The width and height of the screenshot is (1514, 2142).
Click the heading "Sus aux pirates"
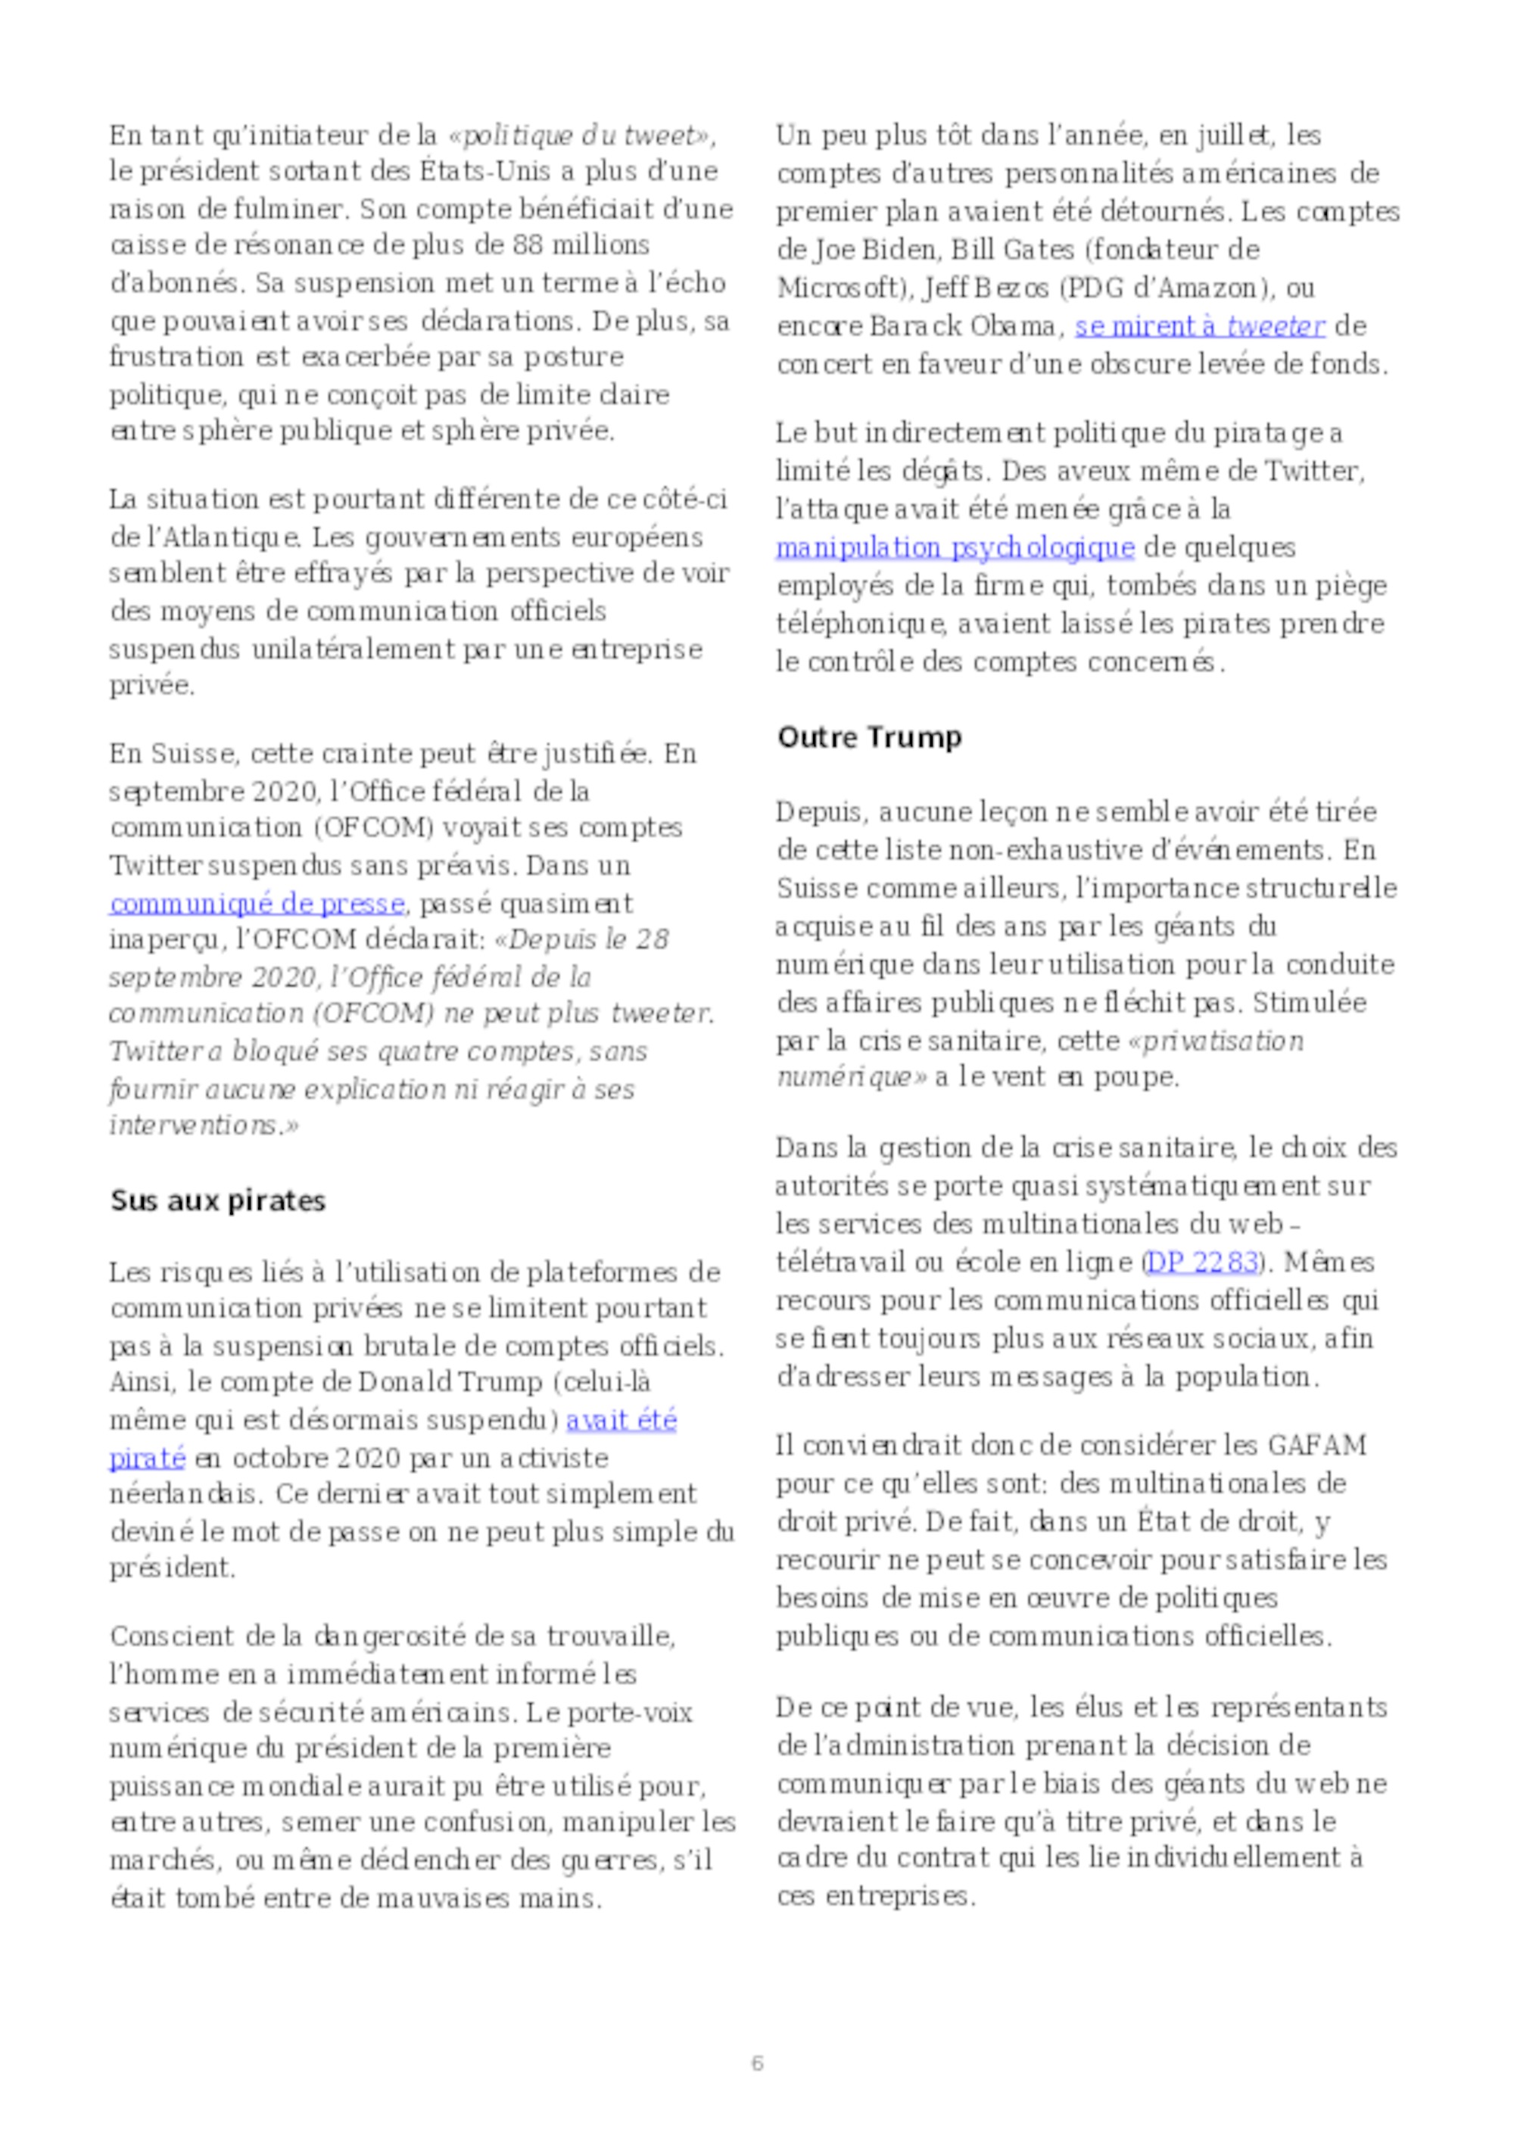pyautogui.click(x=217, y=1200)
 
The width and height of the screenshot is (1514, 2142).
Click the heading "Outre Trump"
pyautogui.click(x=868, y=738)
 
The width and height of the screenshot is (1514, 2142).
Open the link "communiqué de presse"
pyautogui.click(x=257, y=903)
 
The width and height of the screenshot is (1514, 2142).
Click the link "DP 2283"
pyautogui.click(x=1201, y=1262)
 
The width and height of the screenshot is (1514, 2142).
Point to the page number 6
pyautogui.click(x=756, y=2063)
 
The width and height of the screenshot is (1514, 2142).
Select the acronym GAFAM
pyautogui.click(x=1316, y=1445)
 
